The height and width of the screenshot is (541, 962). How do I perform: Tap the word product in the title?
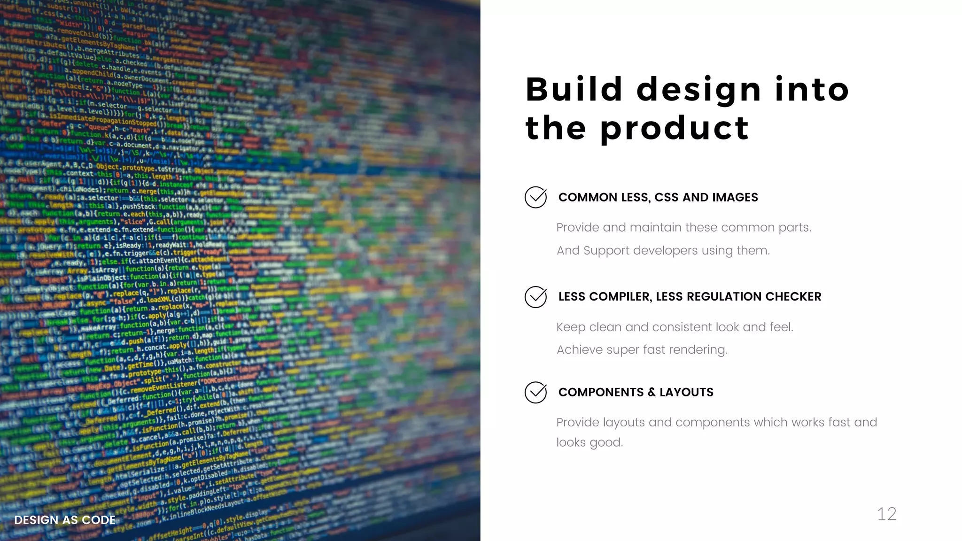pyautogui.click(x=675, y=129)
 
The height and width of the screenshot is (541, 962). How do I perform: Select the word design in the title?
pyautogui.click(x=698, y=91)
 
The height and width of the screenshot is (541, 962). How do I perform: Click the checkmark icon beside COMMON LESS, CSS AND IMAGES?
pyautogui.click(x=535, y=197)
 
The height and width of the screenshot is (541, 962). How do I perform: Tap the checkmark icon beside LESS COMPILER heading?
pyautogui.click(x=535, y=297)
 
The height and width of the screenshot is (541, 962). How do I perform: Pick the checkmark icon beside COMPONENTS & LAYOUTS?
pyautogui.click(x=535, y=392)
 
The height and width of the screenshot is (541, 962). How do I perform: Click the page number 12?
pyautogui.click(x=886, y=514)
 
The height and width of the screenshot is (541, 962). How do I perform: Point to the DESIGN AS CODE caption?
pyautogui.click(x=65, y=520)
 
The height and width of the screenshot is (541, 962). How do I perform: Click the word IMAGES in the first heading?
pyautogui.click(x=735, y=198)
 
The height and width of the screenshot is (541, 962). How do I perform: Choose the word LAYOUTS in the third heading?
pyautogui.click(x=686, y=393)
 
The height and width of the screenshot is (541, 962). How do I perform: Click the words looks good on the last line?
pyautogui.click(x=590, y=442)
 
